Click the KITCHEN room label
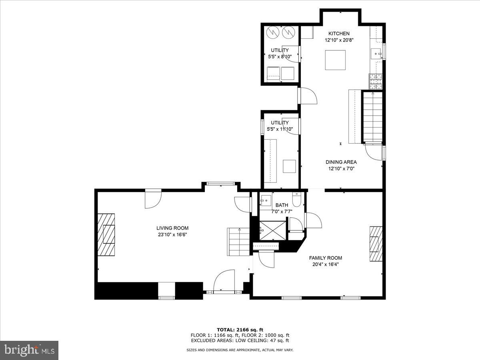tap(339, 34)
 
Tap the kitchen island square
tap(335, 60)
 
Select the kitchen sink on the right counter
tap(376, 53)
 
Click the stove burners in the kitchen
tap(376, 81)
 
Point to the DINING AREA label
tap(341, 162)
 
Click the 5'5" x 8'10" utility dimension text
tap(280, 57)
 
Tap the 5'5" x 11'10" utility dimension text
tap(280, 129)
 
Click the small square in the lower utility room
tap(289, 166)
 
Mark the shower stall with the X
tap(273, 230)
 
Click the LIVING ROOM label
tap(172, 228)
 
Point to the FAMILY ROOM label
tap(325, 258)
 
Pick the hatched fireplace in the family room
tap(376, 244)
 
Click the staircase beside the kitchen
tap(373, 116)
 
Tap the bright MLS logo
tap(29, 350)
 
